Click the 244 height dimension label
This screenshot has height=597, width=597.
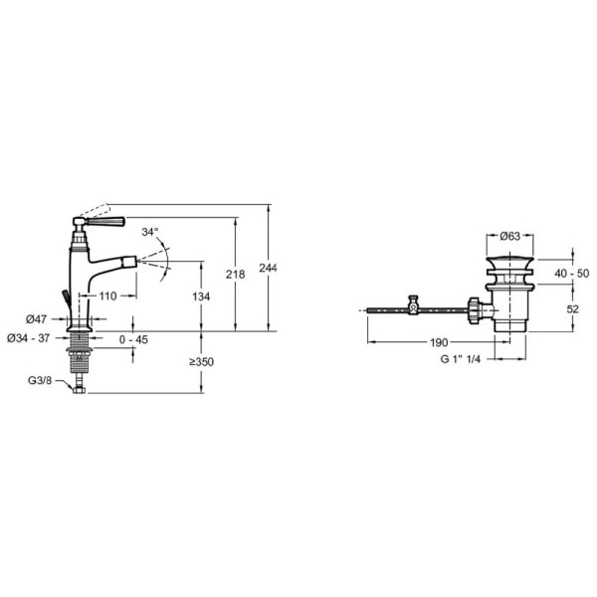tap(268, 268)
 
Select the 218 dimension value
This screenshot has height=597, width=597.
tap(235, 275)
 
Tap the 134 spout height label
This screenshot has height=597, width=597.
tap(201, 297)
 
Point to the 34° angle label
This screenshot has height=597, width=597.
tap(150, 232)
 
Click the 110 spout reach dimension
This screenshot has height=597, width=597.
tap(107, 296)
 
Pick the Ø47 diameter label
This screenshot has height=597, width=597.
tap(36, 319)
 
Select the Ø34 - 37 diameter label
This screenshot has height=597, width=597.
tap(28, 338)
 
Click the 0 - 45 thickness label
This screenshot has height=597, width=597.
tap(133, 339)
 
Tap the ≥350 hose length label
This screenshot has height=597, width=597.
tap(202, 362)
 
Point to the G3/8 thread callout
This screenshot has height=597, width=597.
tap(40, 380)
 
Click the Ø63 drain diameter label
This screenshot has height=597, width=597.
tap(509, 236)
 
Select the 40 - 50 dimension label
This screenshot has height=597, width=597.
tap(572, 273)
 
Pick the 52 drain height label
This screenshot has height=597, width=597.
tap(573, 308)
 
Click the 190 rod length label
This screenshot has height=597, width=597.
tap(439, 342)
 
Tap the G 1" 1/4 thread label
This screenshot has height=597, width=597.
tap(461, 359)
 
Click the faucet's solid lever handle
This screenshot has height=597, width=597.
tap(105, 221)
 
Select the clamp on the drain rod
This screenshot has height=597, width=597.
tap(413, 305)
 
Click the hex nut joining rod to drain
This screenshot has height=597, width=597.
tap(474, 310)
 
